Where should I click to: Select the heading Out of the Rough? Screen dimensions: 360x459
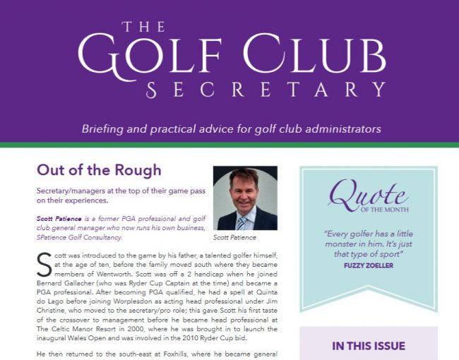[x=99, y=170]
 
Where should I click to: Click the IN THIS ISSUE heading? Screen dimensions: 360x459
[x=369, y=346]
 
